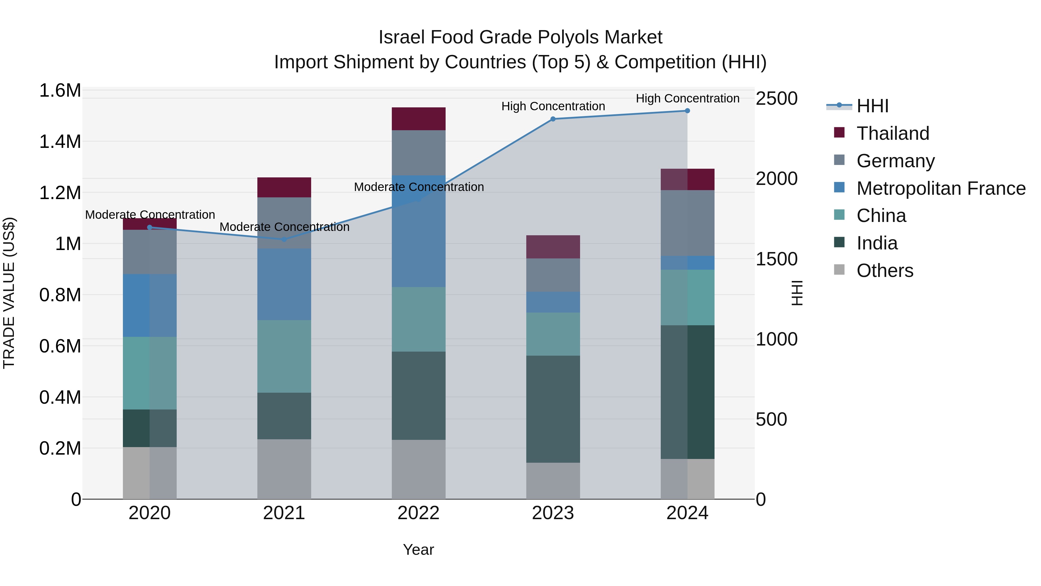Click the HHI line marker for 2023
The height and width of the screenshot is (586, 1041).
pyautogui.click(x=553, y=119)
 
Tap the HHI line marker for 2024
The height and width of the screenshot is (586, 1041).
pyautogui.click(x=687, y=111)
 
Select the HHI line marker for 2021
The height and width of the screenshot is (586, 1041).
pyautogui.click(x=284, y=239)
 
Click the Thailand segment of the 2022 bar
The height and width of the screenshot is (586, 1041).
pyautogui.click(x=419, y=119)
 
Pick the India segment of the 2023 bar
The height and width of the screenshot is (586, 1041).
pyautogui.click(x=553, y=409)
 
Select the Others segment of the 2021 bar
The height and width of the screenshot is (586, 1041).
pyautogui.click(x=284, y=469)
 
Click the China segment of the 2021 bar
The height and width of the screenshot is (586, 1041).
pyautogui.click(x=284, y=356)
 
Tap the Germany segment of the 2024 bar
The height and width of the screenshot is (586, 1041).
pyautogui.click(x=687, y=223)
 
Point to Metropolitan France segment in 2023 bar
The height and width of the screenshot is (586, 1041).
pyautogui.click(x=553, y=302)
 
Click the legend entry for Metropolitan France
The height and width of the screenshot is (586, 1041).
pyautogui.click(x=941, y=188)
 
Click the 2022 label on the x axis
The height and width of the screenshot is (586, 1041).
pyautogui.click(x=419, y=513)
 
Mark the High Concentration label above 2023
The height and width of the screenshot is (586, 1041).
pyautogui.click(x=553, y=106)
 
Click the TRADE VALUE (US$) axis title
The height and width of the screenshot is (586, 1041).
pyautogui.click(x=9, y=293)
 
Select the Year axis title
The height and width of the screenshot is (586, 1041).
pyautogui.click(x=418, y=550)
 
